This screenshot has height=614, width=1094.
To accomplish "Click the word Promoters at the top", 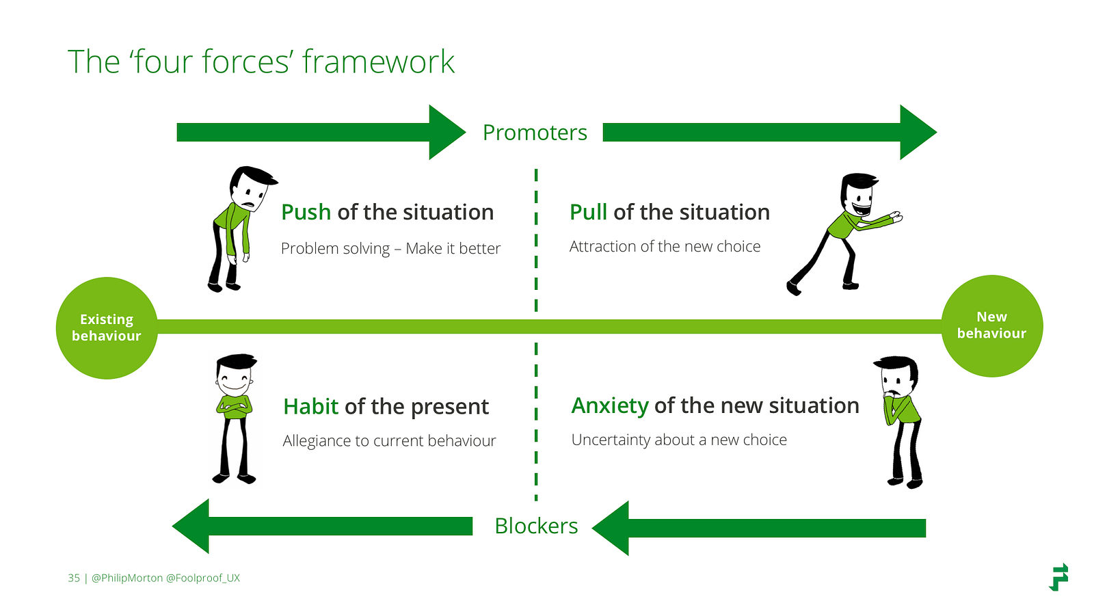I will coord(535,133).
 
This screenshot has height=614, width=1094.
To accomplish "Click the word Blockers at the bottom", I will coord(536,526).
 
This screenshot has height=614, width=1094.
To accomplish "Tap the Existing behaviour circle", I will coord(107,328).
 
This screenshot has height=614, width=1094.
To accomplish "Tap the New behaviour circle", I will coord(991,325).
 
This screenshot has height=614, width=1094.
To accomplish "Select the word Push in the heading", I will coord(306,213).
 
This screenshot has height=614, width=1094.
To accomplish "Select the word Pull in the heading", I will coord(588,213).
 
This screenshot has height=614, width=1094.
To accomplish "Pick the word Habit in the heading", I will coord(310,407).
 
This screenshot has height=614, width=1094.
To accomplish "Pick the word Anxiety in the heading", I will coord(609,406).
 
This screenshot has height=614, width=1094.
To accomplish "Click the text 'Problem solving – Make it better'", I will coord(390,249).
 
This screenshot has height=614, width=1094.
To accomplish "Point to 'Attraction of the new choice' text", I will coord(665,247).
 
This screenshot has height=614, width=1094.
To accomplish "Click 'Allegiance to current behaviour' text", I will coord(389,441).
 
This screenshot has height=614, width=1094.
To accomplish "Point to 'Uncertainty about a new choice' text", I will coord(679,440).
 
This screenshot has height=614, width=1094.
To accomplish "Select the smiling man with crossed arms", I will coord(235,417).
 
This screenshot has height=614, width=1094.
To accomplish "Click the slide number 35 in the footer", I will coord(74,578).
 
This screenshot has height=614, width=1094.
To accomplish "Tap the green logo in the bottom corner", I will coord(1058,577).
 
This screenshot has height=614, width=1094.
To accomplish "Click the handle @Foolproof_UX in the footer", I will coord(203,578).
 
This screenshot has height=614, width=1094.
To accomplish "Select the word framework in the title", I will coord(378,62).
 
